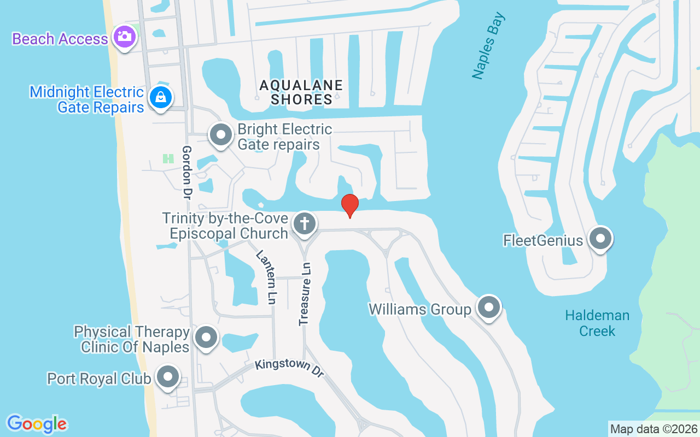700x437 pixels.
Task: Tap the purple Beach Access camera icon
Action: click(x=124, y=37)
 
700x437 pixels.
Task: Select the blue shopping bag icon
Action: click(x=160, y=98)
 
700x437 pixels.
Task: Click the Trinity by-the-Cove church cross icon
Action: click(x=304, y=223)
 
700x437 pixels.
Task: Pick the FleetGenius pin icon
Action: click(x=600, y=239)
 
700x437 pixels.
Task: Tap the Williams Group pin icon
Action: click(x=488, y=308)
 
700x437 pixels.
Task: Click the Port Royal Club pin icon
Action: click(x=168, y=377)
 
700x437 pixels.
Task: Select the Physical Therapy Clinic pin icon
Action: click(x=206, y=337)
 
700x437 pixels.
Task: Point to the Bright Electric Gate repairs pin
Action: click(x=221, y=134)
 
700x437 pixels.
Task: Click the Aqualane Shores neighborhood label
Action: click(x=301, y=92)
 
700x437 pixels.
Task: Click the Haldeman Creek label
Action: click(x=597, y=323)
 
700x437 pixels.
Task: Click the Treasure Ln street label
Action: click(x=305, y=294)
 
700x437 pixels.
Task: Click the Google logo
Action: click(x=37, y=423)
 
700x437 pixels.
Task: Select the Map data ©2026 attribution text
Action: click(x=654, y=429)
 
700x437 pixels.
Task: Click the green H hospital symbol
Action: click(x=168, y=158)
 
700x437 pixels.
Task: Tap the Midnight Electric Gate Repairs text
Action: click(x=87, y=99)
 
